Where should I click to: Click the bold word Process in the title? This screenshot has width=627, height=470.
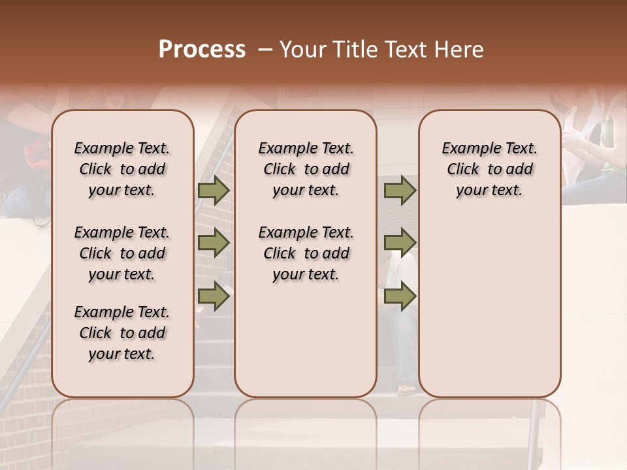coord(202,50)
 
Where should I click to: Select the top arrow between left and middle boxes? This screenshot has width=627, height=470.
coord(214,191)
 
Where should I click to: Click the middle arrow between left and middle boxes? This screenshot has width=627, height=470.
coord(214,243)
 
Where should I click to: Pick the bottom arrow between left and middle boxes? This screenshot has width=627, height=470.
coord(214,296)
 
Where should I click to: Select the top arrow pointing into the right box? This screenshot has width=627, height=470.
coord(400,191)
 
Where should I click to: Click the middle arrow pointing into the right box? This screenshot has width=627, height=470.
coord(400,243)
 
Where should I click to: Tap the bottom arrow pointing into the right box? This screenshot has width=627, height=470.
coord(400,296)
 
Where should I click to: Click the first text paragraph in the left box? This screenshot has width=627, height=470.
coord(122,169)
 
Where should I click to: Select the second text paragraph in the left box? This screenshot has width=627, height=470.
coord(122,253)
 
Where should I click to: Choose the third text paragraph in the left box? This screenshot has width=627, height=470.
coord(122,333)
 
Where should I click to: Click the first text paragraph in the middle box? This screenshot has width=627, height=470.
coord(306,169)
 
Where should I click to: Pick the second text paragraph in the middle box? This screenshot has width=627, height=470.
coord(306,253)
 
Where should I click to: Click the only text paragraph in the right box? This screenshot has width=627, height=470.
coord(489,169)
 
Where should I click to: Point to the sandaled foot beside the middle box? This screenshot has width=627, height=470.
coord(406,389)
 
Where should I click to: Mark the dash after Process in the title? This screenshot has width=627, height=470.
coord(265,50)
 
